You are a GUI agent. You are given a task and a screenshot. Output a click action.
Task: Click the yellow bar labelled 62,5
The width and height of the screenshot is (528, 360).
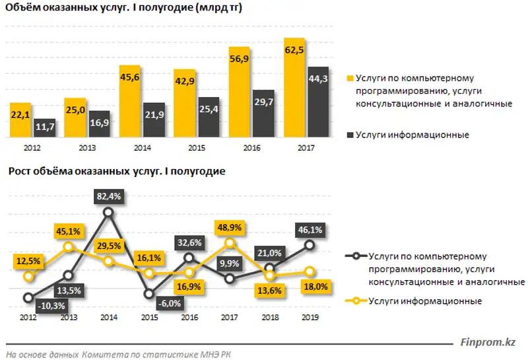pos(294,89)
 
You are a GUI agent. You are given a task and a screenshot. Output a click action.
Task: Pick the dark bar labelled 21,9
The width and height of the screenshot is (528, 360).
pos(154,120)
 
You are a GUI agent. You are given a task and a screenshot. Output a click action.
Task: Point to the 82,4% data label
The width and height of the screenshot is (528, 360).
pos(109,196)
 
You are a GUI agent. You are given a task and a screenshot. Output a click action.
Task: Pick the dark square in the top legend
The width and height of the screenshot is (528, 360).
pos(350,135)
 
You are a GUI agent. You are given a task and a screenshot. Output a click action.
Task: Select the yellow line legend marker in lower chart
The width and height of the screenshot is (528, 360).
pos(356,301)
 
